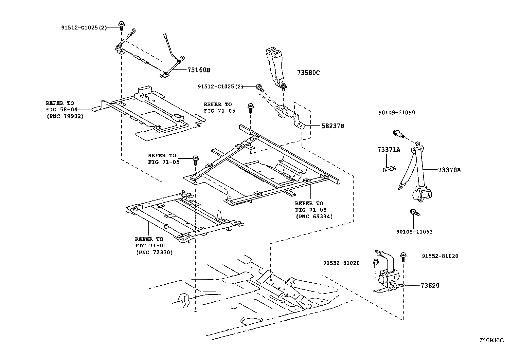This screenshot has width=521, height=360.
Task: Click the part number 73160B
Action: (199, 70)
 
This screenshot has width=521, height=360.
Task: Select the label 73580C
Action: (308, 73)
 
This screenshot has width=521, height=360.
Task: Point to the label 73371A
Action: (388, 150)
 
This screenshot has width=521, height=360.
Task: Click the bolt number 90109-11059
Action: (396, 113)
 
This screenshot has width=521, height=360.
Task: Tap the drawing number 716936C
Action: (492, 340)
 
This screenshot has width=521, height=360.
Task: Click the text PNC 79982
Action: (65, 116)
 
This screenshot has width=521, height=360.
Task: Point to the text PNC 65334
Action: (314, 216)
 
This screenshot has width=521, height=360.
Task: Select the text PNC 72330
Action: (154, 252)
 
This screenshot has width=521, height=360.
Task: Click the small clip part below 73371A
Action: (389, 169)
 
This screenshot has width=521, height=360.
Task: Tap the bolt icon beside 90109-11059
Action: (398, 133)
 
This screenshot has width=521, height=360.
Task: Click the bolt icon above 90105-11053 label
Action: (414, 213)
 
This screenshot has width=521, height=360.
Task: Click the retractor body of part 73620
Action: (387, 279)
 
